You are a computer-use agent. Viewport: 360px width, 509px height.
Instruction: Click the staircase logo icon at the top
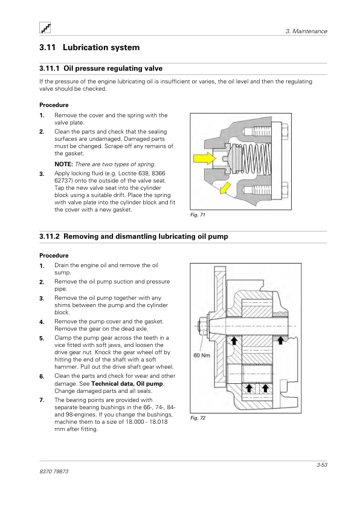pos(45,28)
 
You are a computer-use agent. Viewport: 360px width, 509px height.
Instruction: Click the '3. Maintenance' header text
pos(306,31)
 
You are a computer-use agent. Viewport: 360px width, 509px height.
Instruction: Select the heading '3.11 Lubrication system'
pos(89,47)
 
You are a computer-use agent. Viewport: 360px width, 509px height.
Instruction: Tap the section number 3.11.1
pos(50,68)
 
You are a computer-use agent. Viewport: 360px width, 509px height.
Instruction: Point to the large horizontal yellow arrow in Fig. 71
pos(204,158)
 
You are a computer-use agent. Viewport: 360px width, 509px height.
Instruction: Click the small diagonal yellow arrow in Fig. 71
pos(225,188)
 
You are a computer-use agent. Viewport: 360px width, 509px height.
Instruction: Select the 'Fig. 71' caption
pos(198,215)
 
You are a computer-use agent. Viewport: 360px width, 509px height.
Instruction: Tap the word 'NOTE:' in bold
pos(63,164)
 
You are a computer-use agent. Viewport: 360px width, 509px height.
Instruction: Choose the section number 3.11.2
pos(50,236)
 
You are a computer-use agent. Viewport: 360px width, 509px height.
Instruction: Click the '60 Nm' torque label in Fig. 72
pos(202,355)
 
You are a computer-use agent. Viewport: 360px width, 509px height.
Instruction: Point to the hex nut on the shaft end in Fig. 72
pos(201,326)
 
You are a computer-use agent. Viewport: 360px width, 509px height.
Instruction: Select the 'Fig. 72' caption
pos(198,418)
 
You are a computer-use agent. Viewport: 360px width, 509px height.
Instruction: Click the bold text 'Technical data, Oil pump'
pos(127,384)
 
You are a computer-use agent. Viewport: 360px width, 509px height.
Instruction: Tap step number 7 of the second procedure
pos(42,400)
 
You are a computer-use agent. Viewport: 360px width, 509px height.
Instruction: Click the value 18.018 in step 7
pos(158,422)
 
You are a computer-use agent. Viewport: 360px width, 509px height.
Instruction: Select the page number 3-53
pos(322,465)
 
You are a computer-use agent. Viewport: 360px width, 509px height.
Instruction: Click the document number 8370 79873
pos(54,472)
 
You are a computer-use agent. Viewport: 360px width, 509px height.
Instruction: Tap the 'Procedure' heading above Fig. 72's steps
pos(54,256)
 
